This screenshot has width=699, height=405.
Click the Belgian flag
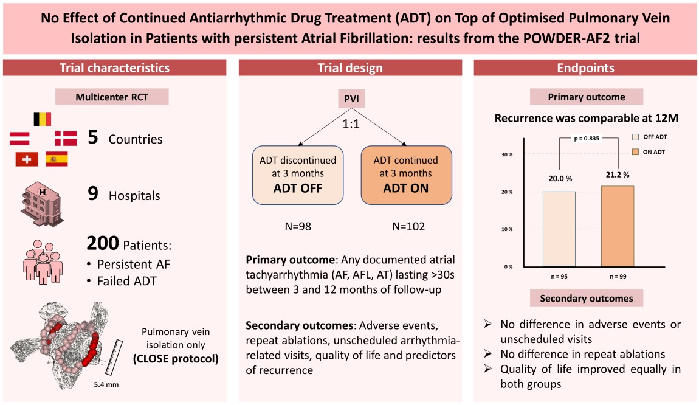pos(42,119)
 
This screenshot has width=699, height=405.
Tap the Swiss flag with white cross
pos(26,159)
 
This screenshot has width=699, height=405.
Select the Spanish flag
pos(57,159)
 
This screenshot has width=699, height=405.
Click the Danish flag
pos(66,139)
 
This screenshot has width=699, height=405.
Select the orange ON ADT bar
pos(618,226)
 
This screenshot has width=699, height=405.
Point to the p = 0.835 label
pos(587,139)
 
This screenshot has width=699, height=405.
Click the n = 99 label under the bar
pos(618,277)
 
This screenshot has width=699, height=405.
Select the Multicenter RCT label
pos(112,97)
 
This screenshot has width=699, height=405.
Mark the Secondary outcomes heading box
pos(586,299)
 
